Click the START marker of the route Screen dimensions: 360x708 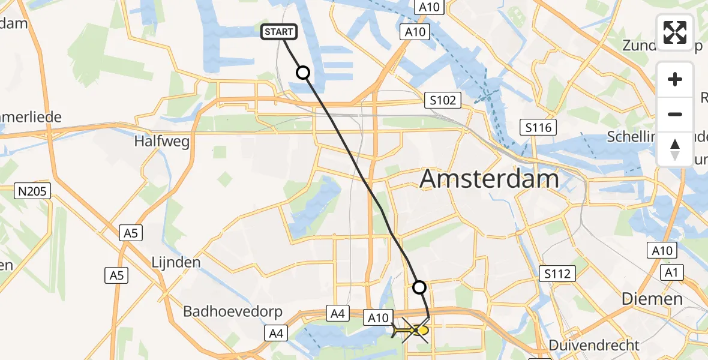coord(278,32)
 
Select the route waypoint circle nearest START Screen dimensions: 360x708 coord(303,73)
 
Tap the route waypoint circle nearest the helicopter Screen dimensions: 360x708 coord(419,287)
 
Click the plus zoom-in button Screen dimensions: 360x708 coord(675,79)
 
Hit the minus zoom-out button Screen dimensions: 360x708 coord(675,114)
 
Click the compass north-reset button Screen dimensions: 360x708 coord(675,149)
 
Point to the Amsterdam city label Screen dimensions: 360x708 coord(489,179)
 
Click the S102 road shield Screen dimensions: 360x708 coord(443,100)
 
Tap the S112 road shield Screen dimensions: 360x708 coord(558,274)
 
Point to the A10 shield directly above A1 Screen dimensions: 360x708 coord(662,250)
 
